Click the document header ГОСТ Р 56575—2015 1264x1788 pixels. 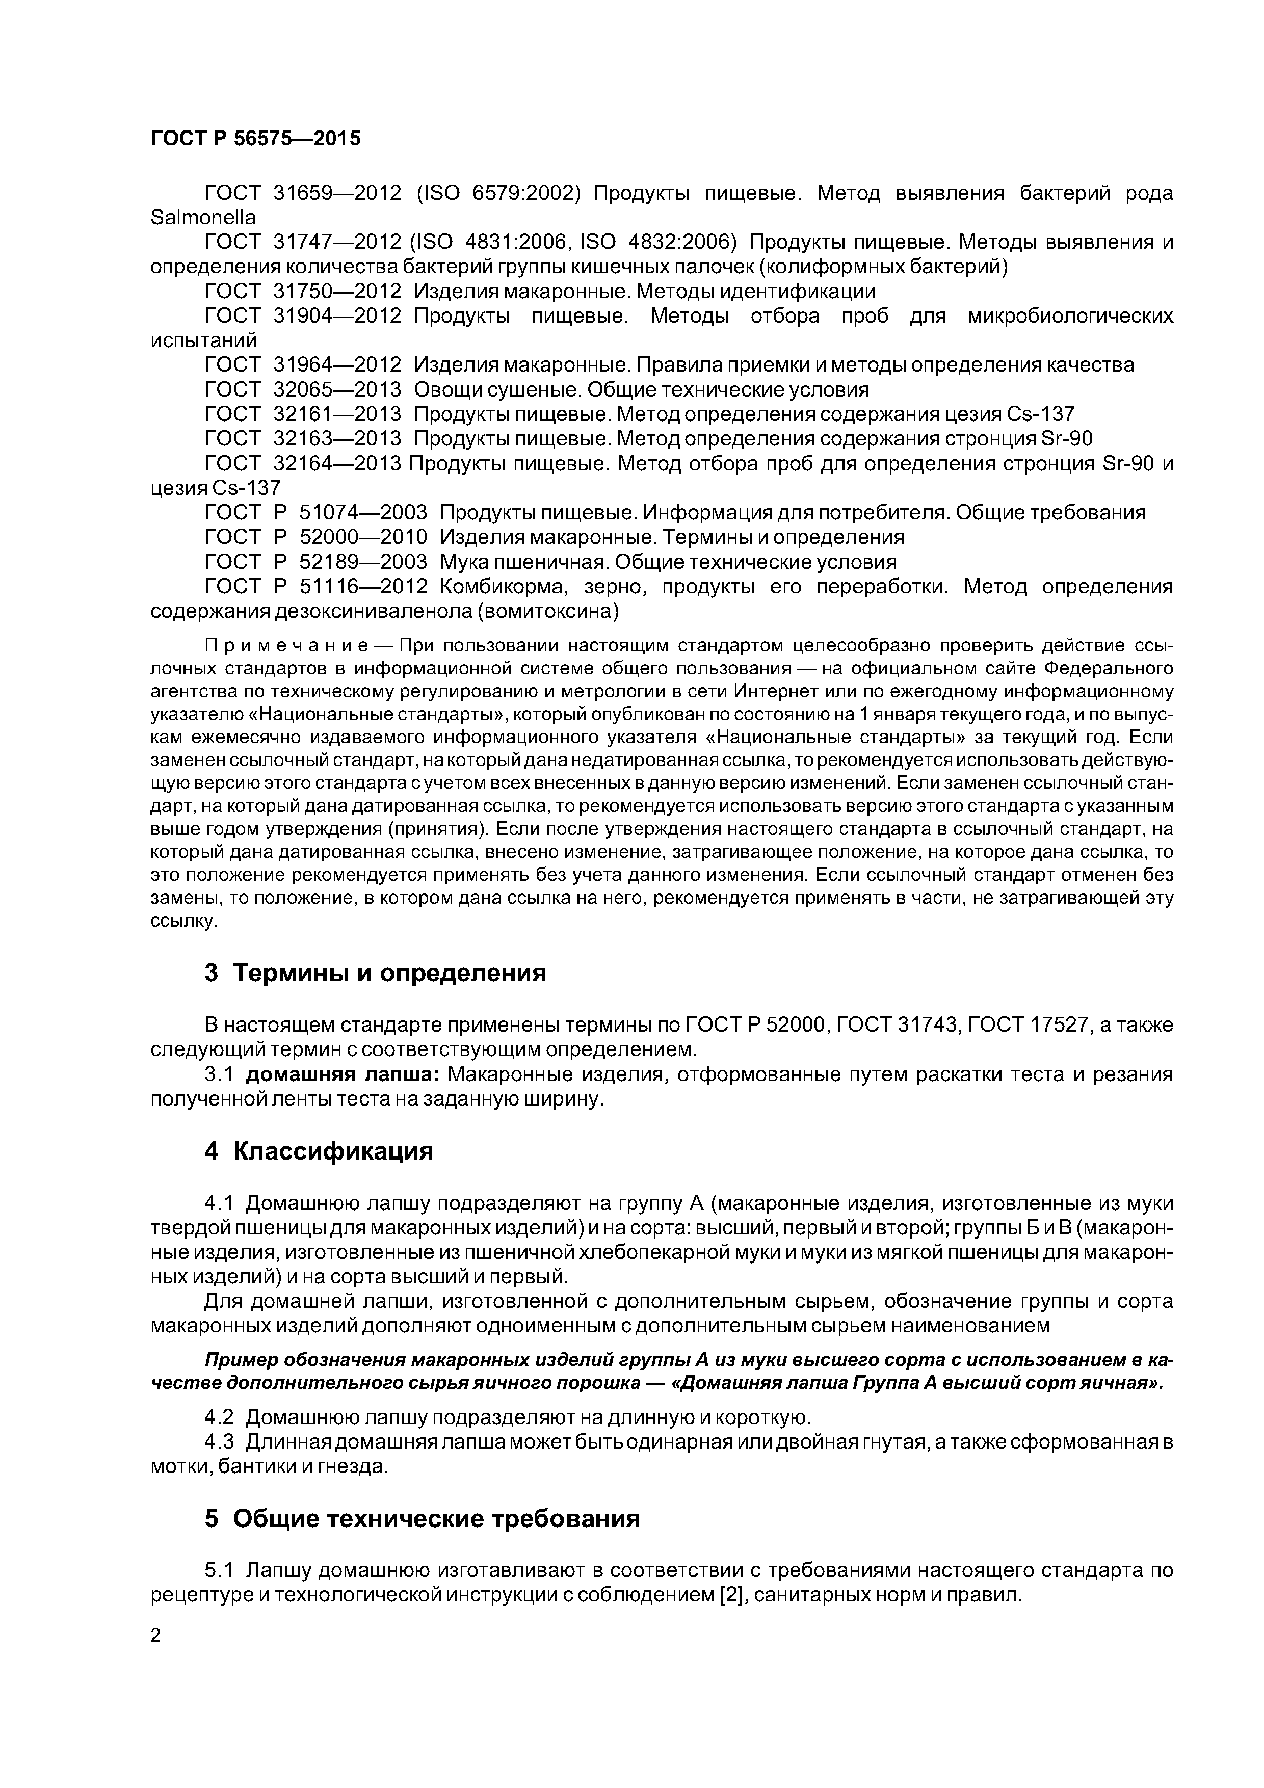tap(255, 139)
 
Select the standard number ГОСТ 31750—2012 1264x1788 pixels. tap(302, 291)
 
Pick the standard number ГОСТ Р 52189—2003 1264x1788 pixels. tap(315, 562)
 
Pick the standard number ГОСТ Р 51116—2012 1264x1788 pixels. tap(315, 586)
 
